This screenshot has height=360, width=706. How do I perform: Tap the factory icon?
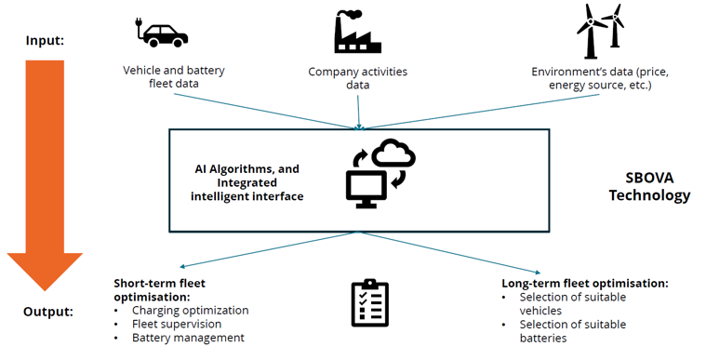(357, 32)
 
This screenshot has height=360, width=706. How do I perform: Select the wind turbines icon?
(601, 31)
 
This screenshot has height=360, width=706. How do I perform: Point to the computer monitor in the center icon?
(366, 189)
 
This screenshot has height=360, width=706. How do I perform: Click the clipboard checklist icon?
(369, 302)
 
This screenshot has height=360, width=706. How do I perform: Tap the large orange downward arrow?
(45, 175)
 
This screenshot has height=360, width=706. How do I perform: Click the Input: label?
(45, 41)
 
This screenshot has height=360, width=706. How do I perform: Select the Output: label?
(48, 312)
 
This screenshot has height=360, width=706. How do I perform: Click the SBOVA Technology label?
(649, 187)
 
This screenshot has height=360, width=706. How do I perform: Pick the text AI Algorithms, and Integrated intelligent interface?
(246, 182)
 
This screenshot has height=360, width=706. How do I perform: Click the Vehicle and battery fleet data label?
(174, 76)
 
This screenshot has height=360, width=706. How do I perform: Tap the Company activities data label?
(357, 78)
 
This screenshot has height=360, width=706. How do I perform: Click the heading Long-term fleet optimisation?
(585, 284)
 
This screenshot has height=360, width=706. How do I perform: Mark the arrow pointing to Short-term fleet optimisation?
(269, 249)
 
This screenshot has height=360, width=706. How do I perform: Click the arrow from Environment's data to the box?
(480, 112)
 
